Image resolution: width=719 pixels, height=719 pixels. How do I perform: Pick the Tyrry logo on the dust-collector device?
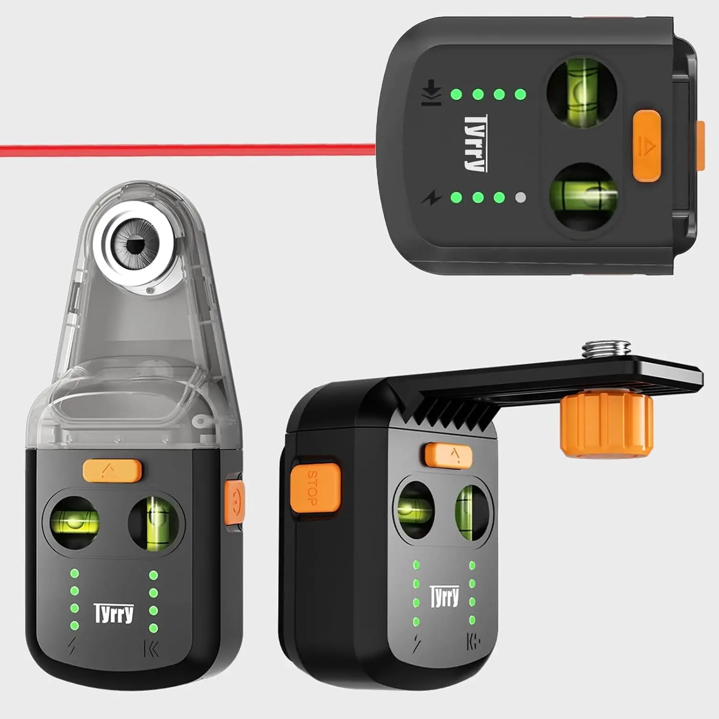coord(114,614)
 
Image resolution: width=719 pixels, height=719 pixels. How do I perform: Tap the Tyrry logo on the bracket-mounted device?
coord(444,597)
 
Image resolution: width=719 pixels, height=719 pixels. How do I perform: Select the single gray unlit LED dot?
coord(521,197)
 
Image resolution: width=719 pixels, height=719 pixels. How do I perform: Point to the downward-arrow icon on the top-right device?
coord(431,93)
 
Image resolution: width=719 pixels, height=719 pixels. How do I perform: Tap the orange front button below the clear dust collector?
coord(112,470)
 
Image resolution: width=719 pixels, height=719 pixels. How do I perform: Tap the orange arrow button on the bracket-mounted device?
coord(449,454)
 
